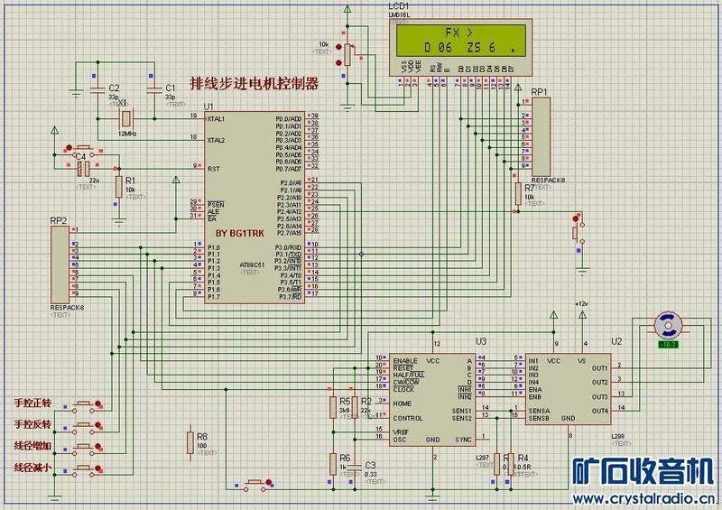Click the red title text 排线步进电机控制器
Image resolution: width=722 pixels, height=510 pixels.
254,84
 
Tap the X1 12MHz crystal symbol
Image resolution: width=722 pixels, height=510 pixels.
127,118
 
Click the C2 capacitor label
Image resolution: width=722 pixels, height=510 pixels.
114,88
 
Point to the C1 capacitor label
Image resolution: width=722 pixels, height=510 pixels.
171,88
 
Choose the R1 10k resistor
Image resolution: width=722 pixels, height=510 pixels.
118,185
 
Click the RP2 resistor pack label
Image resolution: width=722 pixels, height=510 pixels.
60,220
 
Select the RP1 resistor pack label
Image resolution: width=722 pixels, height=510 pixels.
539,92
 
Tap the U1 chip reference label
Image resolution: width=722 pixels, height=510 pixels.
209,107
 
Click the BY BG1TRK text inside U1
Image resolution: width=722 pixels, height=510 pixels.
240,234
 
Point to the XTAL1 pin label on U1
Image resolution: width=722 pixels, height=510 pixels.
217,118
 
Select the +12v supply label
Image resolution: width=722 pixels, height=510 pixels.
582,303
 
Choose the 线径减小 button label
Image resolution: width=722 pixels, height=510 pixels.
34,468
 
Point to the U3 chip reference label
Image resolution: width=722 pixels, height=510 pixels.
481,341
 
